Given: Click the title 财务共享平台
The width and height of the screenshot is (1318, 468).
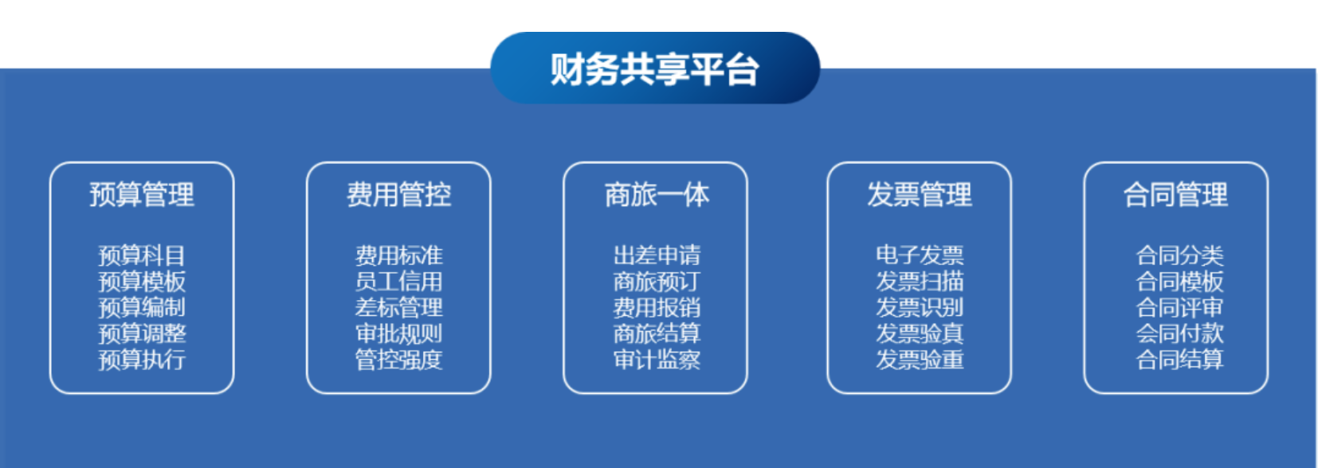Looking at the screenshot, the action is [x=654, y=69].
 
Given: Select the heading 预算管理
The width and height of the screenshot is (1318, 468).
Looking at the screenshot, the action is [x=142, y=195].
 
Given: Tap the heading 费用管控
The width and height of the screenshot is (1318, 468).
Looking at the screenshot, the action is [x=398, y=195].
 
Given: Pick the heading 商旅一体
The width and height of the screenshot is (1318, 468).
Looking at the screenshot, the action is [x=657, y=195].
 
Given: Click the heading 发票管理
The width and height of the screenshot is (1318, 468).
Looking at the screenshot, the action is [x=919, y=195].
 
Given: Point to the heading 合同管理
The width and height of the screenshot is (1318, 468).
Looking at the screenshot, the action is [x=1175, y=195].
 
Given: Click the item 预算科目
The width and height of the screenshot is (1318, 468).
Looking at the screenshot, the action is [x=142, y=255].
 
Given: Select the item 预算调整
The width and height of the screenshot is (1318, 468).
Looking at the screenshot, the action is [x=142, y=333].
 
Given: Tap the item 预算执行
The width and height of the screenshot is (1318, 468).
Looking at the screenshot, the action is [x=142, y=359].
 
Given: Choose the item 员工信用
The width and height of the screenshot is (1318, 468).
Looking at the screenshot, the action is [x=398, y=282].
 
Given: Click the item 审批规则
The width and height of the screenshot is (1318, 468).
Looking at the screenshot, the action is [x=398, y=333].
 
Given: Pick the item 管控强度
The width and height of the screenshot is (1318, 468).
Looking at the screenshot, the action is [x=398, y=359].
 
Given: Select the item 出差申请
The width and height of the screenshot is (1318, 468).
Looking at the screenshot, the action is [x=657, y=255].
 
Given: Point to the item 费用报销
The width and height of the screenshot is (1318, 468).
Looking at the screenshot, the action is [x=657, y=307].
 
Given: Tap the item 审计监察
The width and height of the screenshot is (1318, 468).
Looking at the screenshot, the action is [x=657, y=359].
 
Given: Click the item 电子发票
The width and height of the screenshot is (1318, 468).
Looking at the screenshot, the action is [x=919, y=255].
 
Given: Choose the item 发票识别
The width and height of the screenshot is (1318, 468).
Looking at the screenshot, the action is [x=919, y=307].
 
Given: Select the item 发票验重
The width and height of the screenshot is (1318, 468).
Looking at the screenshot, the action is [x=919, y=359].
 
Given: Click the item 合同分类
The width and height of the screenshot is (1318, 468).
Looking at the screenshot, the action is [x=1179, y=255].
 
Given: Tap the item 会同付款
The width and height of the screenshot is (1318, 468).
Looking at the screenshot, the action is [x=1179, y=333].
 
